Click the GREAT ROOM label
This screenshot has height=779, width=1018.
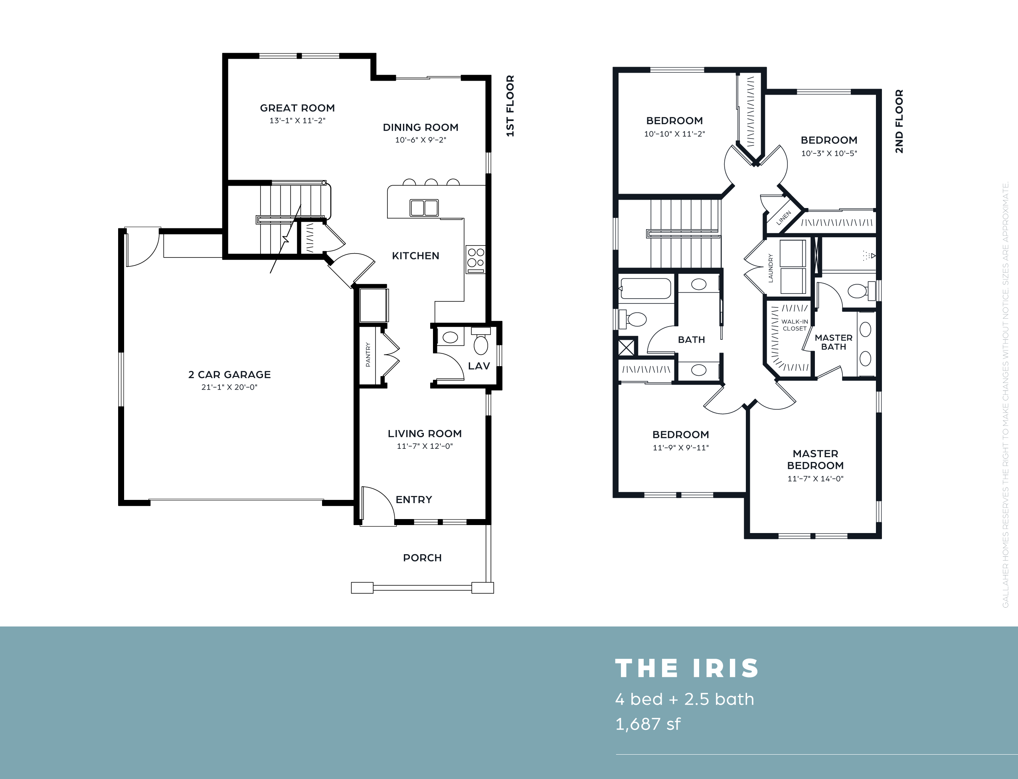[x=297, y=108]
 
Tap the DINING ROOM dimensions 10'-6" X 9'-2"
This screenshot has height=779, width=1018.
[x=420, y=140]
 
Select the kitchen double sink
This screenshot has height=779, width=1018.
[x=424, y=208]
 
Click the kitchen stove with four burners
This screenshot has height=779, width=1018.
[x=475, y=259]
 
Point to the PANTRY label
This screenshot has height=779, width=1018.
[x=368, y=355]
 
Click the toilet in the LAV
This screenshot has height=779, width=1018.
[x=481, y=341]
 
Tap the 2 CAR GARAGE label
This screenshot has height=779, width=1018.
[x=229, y=375]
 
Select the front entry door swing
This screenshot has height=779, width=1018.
[x=378, y=506]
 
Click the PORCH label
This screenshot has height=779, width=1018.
[x=422, y=558]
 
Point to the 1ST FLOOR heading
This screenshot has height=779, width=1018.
[x=510, y=106]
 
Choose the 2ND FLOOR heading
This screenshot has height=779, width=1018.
[x=899, y=121]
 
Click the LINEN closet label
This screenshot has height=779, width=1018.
[x=783, y=218]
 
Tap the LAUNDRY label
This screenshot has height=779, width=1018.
[x=771, y=268]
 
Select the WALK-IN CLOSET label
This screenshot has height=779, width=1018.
[x=795, y=325]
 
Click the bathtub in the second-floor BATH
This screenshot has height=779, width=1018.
[x=645, y=288]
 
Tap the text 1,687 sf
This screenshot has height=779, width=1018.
[x=648, y=724]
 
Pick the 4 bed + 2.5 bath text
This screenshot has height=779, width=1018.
[x=685, y=699]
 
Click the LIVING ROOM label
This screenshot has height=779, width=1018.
[x=425, y=434]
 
